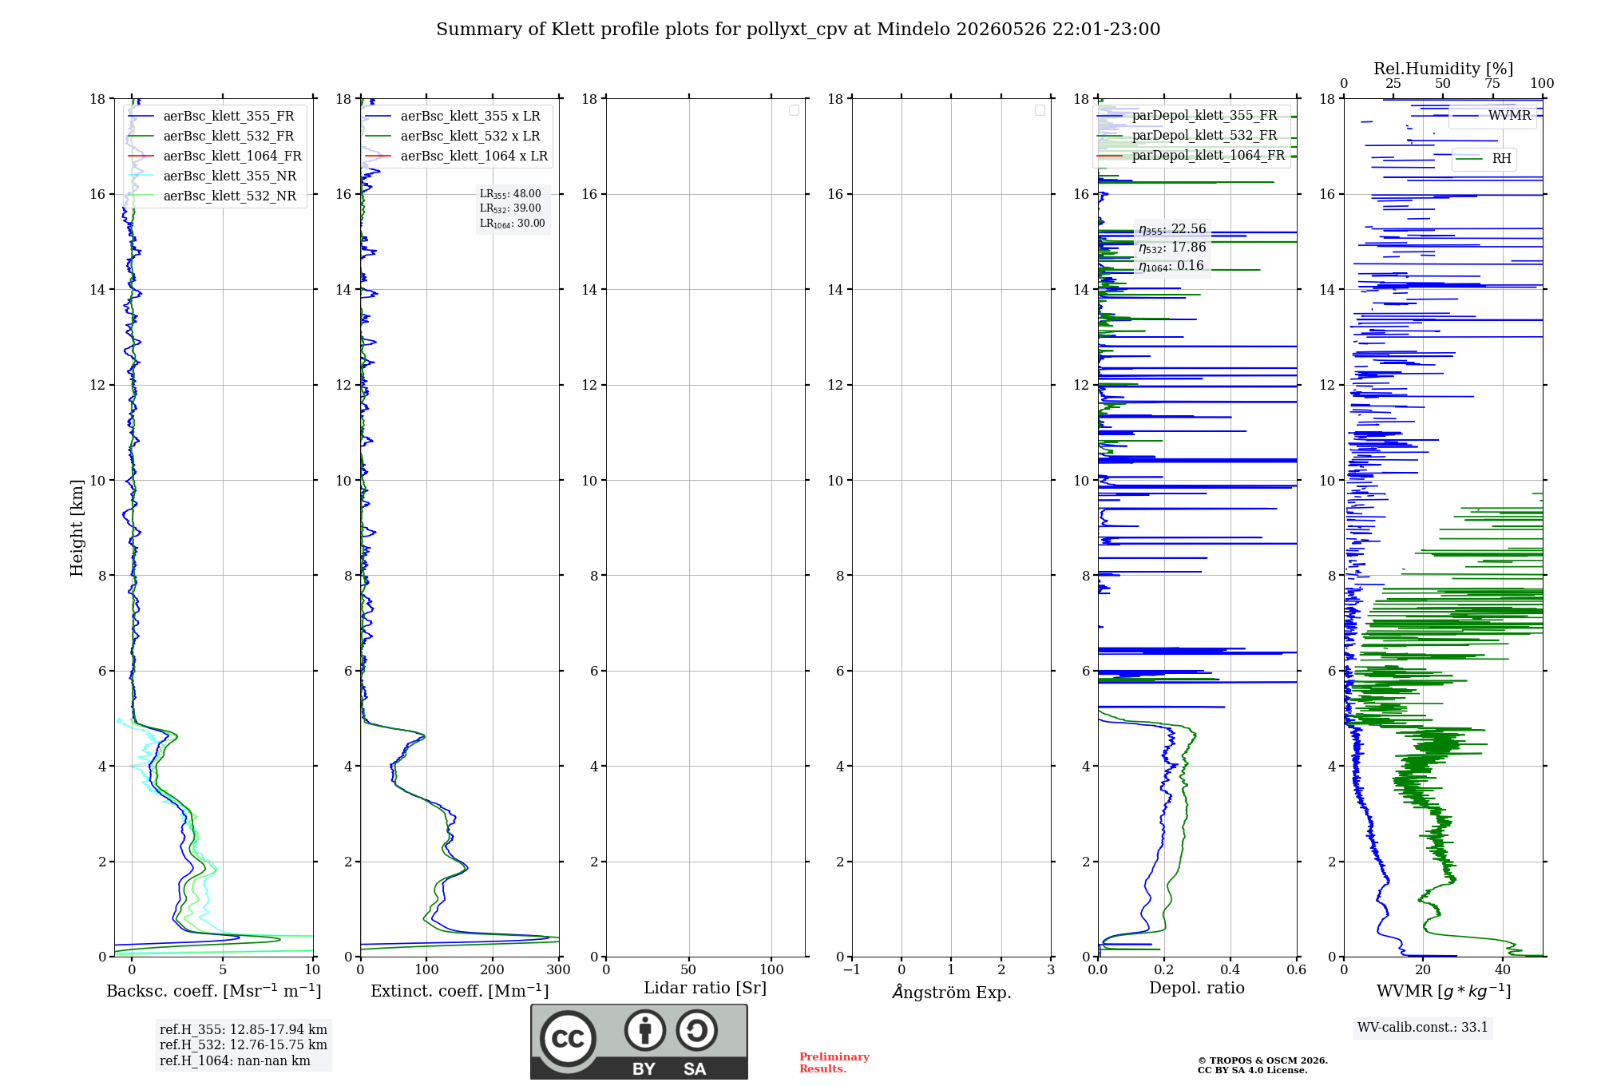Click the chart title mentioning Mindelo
[x=798, y=30]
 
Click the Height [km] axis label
[x=77, y=528]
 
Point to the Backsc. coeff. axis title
[x=214, y=991]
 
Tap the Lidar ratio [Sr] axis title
[x=705, y=988]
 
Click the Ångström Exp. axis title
[x=952, y=992]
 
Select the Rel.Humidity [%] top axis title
[x=1444, y=69]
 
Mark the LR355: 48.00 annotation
[x=510, y=194]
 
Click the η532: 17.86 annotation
[x=1172, y=248]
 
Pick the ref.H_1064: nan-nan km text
[x=235, y=1060]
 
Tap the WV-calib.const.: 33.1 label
[x=1423, y=1027]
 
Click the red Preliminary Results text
[x=834, y=1063]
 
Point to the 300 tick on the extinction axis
[x=558, y=969]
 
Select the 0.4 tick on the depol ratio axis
[x=1230, y=969]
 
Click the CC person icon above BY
[x=645, y=1030]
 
